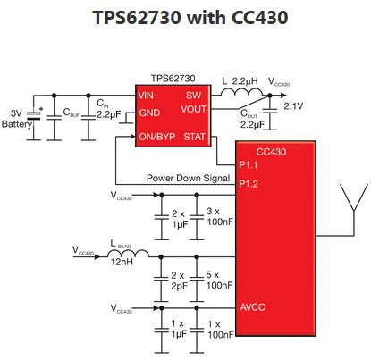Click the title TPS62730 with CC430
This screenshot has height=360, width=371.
pos(185,19)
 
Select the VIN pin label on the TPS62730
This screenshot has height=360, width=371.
pos(147,95)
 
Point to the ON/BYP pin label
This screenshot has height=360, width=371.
pos(156,137)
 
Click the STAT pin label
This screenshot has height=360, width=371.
pos(194,137)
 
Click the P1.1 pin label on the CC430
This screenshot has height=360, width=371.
pos(250,165)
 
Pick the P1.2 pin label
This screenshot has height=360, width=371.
pos(250,185)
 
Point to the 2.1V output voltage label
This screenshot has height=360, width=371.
pos(294,107)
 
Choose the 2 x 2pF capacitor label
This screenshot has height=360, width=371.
pos(177,279)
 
